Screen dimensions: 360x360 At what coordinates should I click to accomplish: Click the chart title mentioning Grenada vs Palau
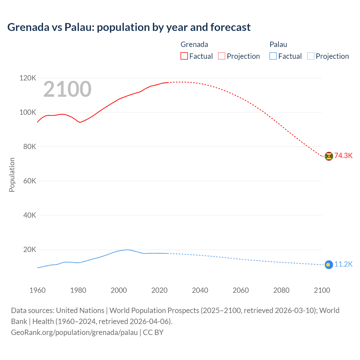tap(129, 27)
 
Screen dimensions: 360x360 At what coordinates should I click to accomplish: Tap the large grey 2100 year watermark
tap(67, 89)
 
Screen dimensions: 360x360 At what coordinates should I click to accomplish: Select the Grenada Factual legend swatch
tap(184, 56)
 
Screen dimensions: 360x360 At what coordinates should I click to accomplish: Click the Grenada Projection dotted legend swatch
tap(222, 56)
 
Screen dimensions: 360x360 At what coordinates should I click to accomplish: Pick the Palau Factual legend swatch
tap(273, 56)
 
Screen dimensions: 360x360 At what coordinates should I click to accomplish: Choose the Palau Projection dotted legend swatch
tap(310, 56)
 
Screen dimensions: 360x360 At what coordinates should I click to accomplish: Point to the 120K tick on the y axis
tap(28, 78)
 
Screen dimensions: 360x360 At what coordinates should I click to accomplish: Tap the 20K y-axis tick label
tap(30, 249)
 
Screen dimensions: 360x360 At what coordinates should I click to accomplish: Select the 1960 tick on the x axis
tap(37, 290)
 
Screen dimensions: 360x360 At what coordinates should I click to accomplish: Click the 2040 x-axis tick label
tap(200, 290)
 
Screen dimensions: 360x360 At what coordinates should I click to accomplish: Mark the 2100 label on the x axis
tap(322, 290)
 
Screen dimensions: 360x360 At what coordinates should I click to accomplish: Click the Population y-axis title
tap(12, 175)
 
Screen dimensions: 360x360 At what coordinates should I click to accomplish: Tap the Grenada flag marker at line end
tap(329, 156)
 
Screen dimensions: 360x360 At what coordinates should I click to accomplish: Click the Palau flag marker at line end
tap(329, 265)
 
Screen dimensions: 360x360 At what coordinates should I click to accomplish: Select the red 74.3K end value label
tap(343, 156)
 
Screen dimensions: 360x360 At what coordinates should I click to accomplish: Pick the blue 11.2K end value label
tap(343, 264)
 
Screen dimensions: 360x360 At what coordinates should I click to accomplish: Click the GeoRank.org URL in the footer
tap(74, 332)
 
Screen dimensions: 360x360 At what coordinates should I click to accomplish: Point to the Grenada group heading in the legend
tap(194, 44)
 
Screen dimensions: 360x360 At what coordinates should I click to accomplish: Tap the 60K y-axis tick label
tap(30, 181)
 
